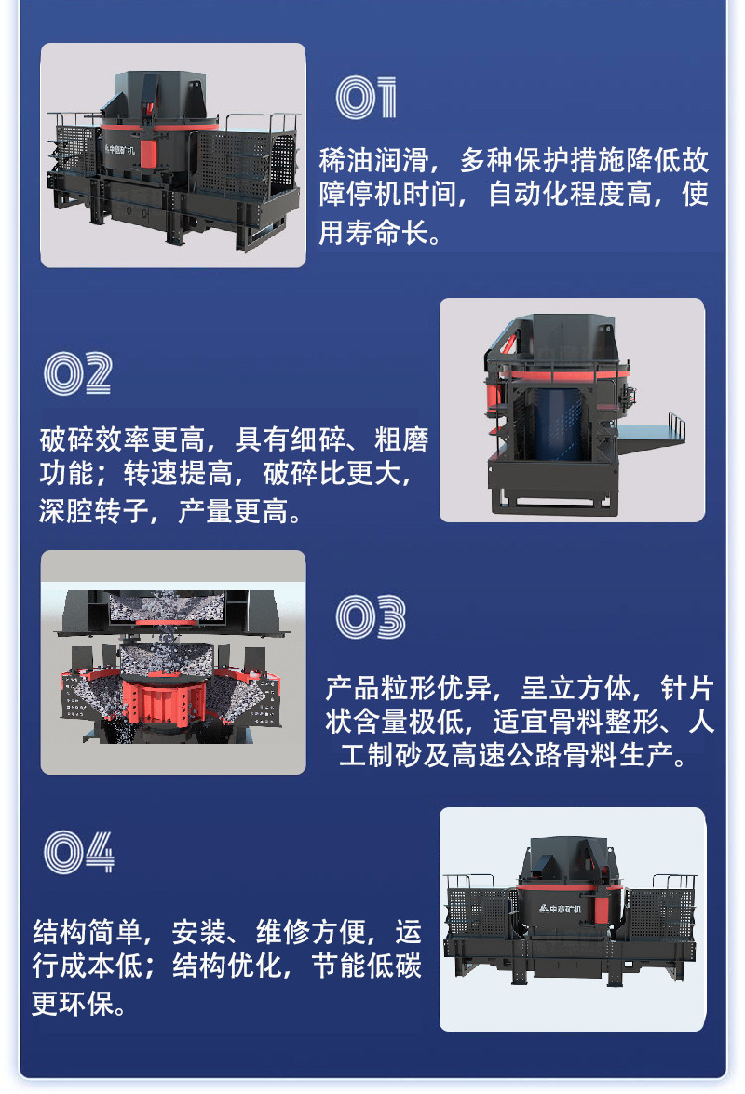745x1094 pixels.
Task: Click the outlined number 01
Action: point(366,99)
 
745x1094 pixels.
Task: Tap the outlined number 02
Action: point(78,373)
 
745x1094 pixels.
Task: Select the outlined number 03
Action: point(371,617)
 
